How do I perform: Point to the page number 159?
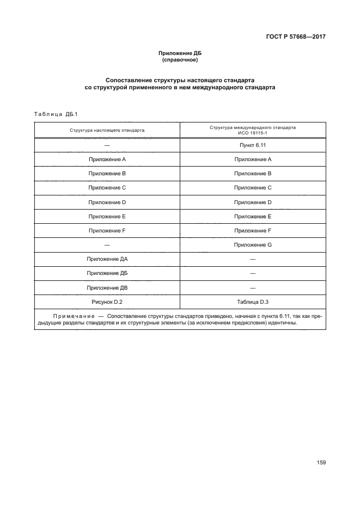(x=321, y=463)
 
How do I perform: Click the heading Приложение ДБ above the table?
(x=180, y=53)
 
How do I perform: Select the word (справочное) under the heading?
(x=180, y=60)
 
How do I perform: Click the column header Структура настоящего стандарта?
(x=107, y=131)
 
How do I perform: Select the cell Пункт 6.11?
(x=253, y=145)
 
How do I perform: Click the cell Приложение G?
(x=253, y=245)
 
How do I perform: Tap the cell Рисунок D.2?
(x=107, y=301)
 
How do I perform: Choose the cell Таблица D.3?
(x=253, y=301)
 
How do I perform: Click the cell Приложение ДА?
(x=107, y=259)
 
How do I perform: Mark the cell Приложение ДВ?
(x=107, y=287)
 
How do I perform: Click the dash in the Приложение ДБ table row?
(x=253, y=273)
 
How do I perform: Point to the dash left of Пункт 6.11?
(x=107, y=145)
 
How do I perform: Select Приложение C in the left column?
(x=107, y=188)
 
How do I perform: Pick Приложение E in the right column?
(x=253, y=217)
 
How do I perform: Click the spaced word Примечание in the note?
(x=75, y=316)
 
